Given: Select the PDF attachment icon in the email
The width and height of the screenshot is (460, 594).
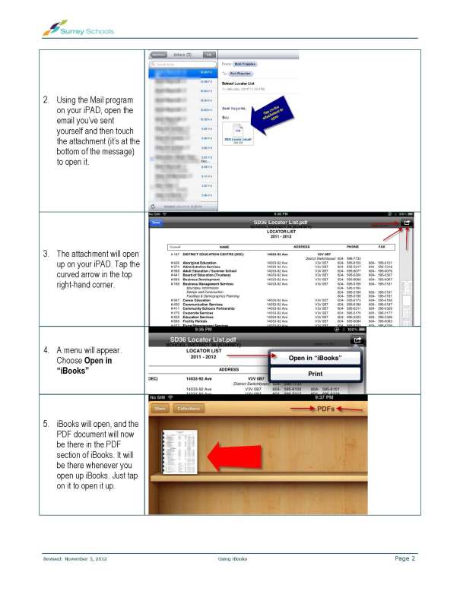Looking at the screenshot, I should pos(236,132).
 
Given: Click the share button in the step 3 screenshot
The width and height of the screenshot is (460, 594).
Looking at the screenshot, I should pos(408,223).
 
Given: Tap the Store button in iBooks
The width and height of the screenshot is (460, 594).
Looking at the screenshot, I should pos(160,409).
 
